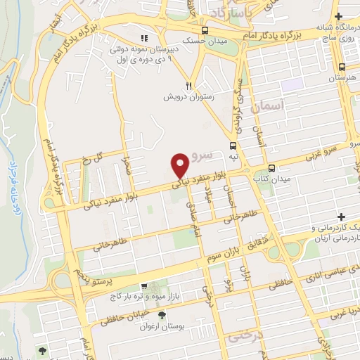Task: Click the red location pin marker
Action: [x=180, y=165]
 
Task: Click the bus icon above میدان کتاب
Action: [x=271, y=168]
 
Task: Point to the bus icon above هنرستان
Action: [x=341, y=66]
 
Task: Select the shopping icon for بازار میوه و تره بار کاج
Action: [x=144, y=286]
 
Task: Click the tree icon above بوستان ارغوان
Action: [x=162, y=315]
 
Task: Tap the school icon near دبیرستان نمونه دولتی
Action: [x=145, y=38]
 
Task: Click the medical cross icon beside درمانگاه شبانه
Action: [x=339, y=16]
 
